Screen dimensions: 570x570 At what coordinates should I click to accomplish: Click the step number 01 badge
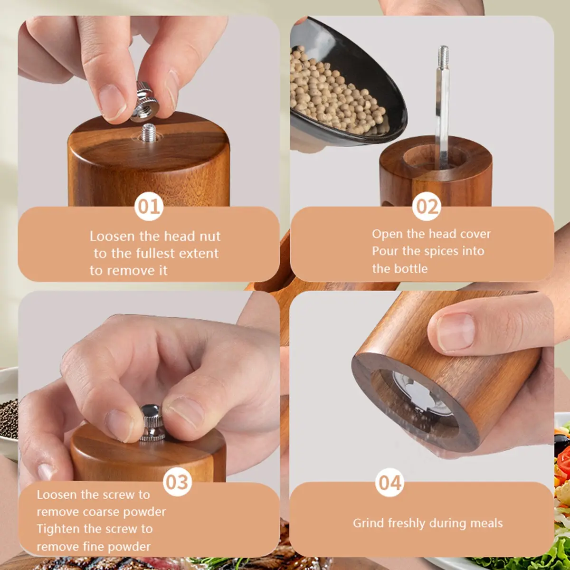pyautogui.click(x=149, y=206)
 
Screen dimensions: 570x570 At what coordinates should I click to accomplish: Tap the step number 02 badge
pyautogui.click(x=427, y=206)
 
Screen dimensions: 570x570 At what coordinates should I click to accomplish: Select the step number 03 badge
pyautogui.click(x=178, y=482)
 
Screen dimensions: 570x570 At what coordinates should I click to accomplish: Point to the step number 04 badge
pyautogui.click(x=390, y=482)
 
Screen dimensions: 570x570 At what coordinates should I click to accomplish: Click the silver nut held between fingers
pyautogui.click(x=145, y=102)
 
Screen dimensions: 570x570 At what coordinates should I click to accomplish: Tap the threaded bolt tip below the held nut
pyautogui.click(x=149, y=133)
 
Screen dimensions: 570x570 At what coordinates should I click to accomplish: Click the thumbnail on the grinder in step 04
pyautogui.click(x=456, y=332)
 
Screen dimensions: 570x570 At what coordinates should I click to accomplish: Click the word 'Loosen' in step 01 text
pyautogui.click(x=112, y=237)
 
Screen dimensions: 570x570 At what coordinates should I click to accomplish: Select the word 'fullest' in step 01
pyautogui.click(x=155, y=254)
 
